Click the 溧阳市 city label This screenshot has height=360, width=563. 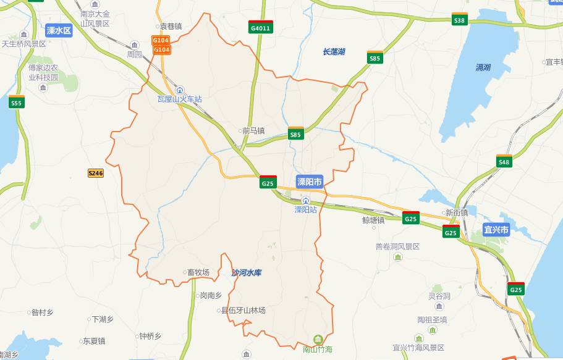[310, 182]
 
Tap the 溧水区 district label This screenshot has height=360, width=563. [59, 30]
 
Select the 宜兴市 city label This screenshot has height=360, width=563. [496, 230]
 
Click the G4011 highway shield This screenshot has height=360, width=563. [261, 28]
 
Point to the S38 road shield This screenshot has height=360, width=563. [459, 20]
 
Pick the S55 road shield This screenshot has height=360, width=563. [16, 103]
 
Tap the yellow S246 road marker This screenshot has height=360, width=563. [96, 174]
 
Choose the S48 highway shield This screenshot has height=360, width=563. [504, 162]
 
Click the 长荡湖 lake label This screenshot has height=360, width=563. [334, 52]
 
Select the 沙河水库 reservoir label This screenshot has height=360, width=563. [247, 272]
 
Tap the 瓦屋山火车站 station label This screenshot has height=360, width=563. [180, 99]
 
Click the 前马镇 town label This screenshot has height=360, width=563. [253, 131]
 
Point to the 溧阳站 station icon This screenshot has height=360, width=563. [306, 201]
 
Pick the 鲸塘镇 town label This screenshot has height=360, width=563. [373, 220]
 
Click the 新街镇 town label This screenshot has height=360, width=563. [457, 212]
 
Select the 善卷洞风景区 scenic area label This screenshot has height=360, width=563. [397, 246]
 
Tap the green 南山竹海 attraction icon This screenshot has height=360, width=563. [318, 339]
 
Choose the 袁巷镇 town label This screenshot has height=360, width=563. [171, 27]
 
